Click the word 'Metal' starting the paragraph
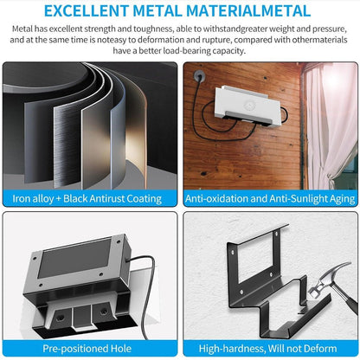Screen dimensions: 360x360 [24, 29]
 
